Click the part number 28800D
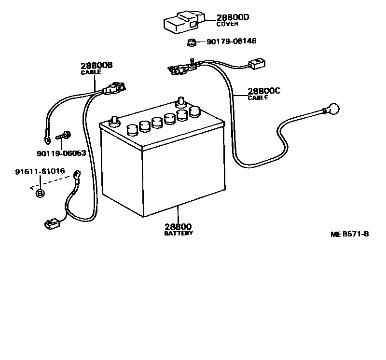coord(233,17)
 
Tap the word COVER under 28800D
coord(227,24)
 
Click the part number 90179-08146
coord(231,42)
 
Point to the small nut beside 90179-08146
coord(192,43)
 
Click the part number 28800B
coord(96,66)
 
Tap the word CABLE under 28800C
coord(258,98)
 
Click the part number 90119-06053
coord(61,153)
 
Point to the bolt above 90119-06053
coord(64,136)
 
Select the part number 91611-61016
coord(40,171)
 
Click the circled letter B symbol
coord(40,193)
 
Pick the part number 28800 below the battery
coord(179,226)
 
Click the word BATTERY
coord(179,233)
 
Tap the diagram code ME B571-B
coord(349,234)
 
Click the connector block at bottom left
coord(50,223)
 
